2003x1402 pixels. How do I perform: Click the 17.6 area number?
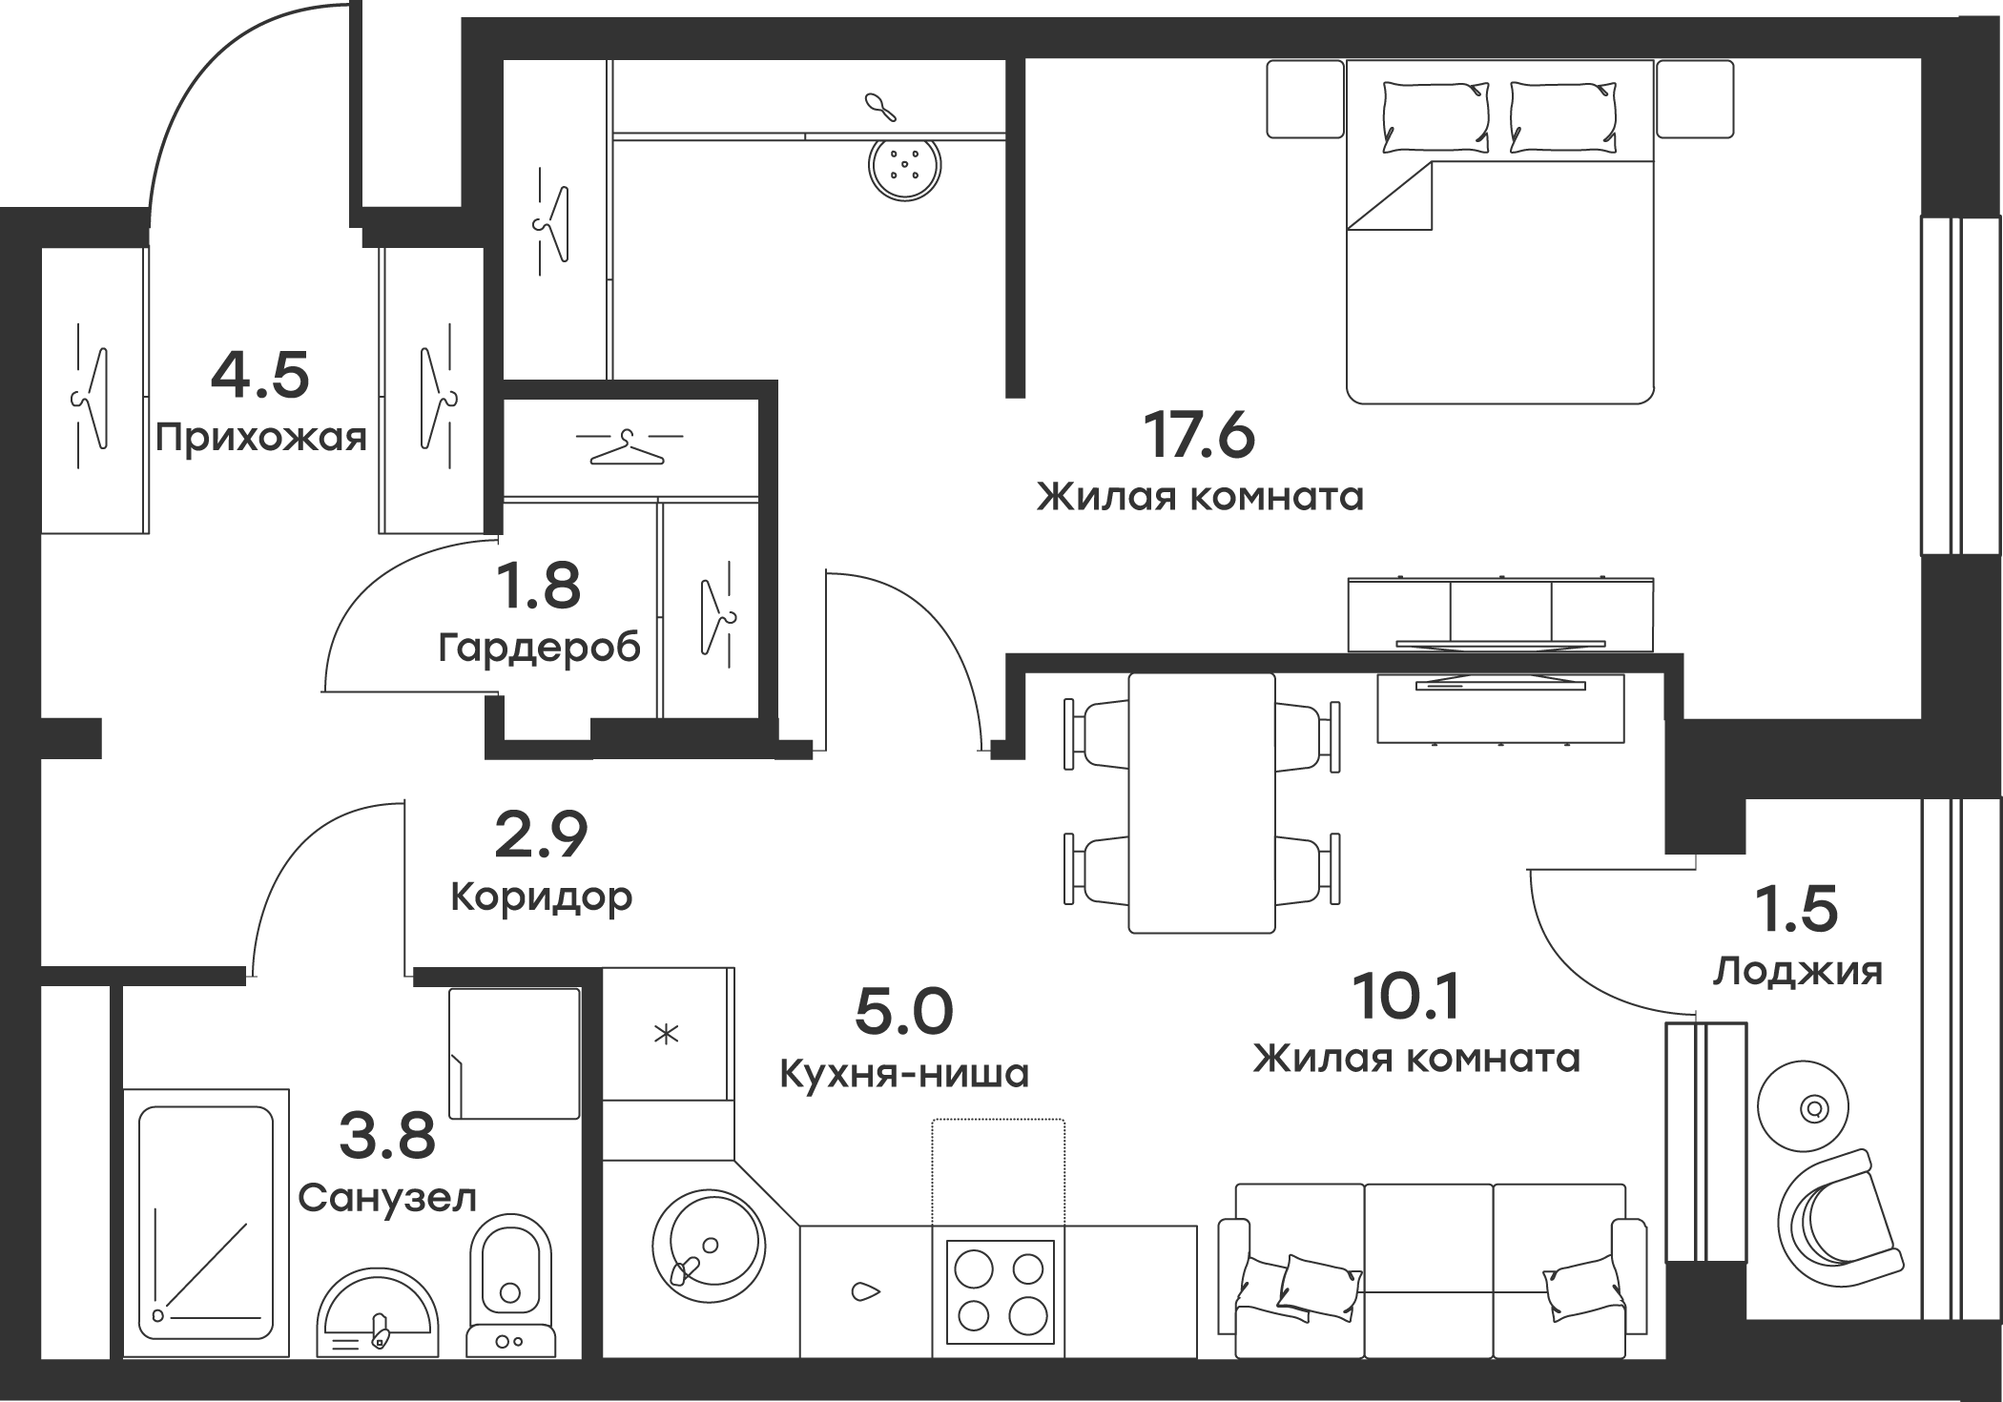point(1199,437)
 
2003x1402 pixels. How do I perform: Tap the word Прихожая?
point(262,439)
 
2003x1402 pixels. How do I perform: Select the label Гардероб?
point(540,649)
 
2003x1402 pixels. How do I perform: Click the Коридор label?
point(541,897)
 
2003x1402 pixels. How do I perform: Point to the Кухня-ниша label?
point(904,1074)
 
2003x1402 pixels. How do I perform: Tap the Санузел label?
point(387,1198)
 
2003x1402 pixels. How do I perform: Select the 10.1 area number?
point(1407,1000)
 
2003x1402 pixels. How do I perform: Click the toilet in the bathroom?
point(512,1288)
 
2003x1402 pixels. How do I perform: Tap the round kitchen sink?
point(708,1244)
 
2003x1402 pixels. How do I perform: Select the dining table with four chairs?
point(1202,803)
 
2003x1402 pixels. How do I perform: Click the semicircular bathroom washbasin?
point(378,1316)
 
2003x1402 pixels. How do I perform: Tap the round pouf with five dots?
point(904,167)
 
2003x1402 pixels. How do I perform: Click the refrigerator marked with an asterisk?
point(668,1033)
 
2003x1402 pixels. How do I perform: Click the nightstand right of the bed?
point(1694,99)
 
